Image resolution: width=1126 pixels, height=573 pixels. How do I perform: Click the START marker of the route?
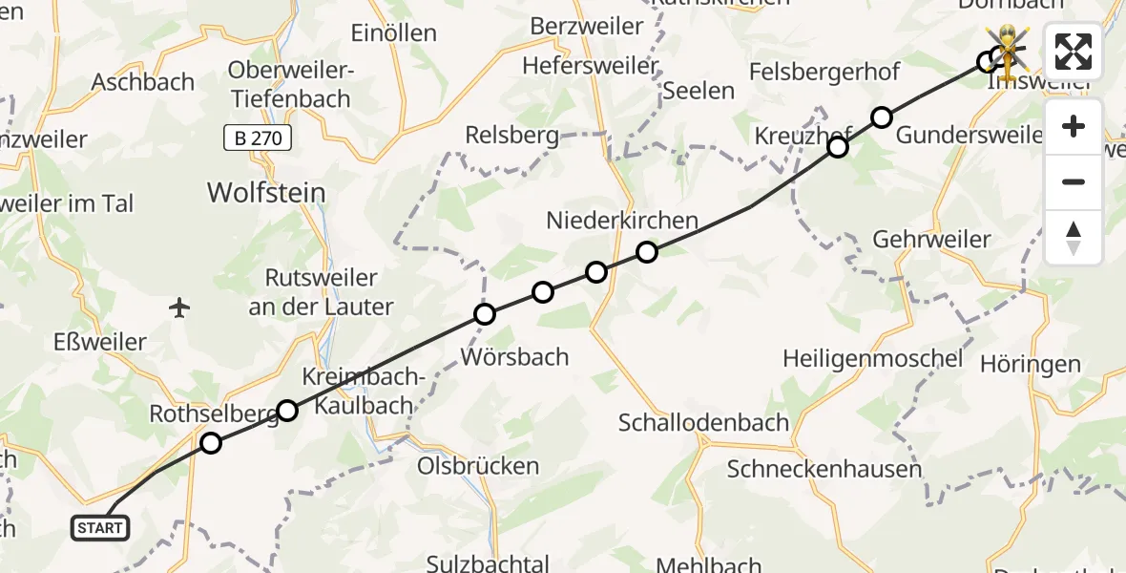tap(100, 527)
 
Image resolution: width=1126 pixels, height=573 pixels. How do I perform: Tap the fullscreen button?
tap(1074, 52)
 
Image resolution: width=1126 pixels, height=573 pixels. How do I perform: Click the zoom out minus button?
tap(1074, 181)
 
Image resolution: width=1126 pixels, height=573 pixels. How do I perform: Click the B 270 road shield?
tap(258, 138)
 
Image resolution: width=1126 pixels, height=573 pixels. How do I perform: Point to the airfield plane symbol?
tap(179, 308)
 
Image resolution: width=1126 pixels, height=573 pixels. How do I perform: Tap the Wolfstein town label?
tap(266, 193)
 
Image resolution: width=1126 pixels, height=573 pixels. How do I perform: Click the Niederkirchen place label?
tap(622, 221)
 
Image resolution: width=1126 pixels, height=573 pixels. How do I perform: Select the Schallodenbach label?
tap(703, 422)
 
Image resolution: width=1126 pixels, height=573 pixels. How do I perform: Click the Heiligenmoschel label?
tap(872, 359)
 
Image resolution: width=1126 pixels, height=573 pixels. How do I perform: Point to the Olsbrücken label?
tap(478, 467)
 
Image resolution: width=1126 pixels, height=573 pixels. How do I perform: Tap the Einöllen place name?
tap(393, 33)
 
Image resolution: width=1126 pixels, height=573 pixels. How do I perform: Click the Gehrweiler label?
tap(931, 239)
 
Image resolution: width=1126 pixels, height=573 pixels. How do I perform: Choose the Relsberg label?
tap(511, 136)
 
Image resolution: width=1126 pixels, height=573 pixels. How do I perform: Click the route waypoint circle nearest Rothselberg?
tap(211, 443)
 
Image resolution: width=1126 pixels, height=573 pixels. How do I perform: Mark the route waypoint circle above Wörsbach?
tap(486, 314)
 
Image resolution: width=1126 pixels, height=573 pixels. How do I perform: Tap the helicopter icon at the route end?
tap(1008, 48)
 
